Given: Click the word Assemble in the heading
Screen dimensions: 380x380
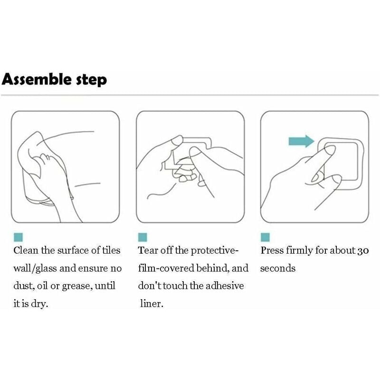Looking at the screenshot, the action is [37, 79].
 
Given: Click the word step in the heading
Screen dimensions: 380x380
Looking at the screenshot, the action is [92, 80].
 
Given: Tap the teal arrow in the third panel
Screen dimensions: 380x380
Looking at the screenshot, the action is [301, 141].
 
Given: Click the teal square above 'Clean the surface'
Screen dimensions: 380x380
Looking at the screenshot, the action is [18, 237].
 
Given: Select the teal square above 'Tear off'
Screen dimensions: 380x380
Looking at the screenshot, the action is [142, 237].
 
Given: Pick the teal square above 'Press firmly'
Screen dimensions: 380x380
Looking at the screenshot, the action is [265, 237].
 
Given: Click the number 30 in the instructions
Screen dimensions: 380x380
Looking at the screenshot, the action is [363, 251].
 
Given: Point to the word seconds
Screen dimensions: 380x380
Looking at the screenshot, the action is [278, 268].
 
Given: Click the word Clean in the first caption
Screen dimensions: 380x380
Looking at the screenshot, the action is [26, 250].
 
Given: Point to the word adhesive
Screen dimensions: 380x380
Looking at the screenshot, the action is [225, 286].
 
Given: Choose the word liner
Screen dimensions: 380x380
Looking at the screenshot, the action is [152, 304].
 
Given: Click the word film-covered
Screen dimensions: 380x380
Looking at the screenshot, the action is [166, 268].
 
